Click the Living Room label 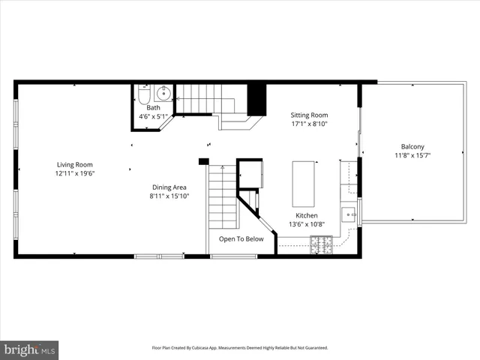pyautogui.click(x=74, y=164)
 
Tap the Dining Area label pyautogui.click(x=169, y=187)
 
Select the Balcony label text pyautogui.click(x=412, y=146)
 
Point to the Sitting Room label pyautogui.click(x=309, y=115)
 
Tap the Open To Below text pyautogui.click(x=241, y=239)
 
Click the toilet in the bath pyautogui.click(x=144, y=94)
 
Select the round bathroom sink pyautogui.click(x=163, y=94)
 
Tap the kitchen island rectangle pyautogui.click(x=303, y=183)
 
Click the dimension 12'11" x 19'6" pyautogui.click(x=74, y=173)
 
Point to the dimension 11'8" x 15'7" pyautogui.click(x=412, y=155)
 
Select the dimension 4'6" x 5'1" pyautogui.click(x=153, y=116)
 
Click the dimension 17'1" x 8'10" pyautogui.click(x=309, y=124)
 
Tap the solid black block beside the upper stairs pyautogui.click(x=256, y=98)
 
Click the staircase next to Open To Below pyautogui.click(x=223, y=198)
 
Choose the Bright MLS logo pyautogui.click(x=30, y=349)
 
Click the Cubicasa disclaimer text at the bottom pyautogui.click(x=240, y=348)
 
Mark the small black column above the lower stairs pyautogui.click(x=202, y=160)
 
